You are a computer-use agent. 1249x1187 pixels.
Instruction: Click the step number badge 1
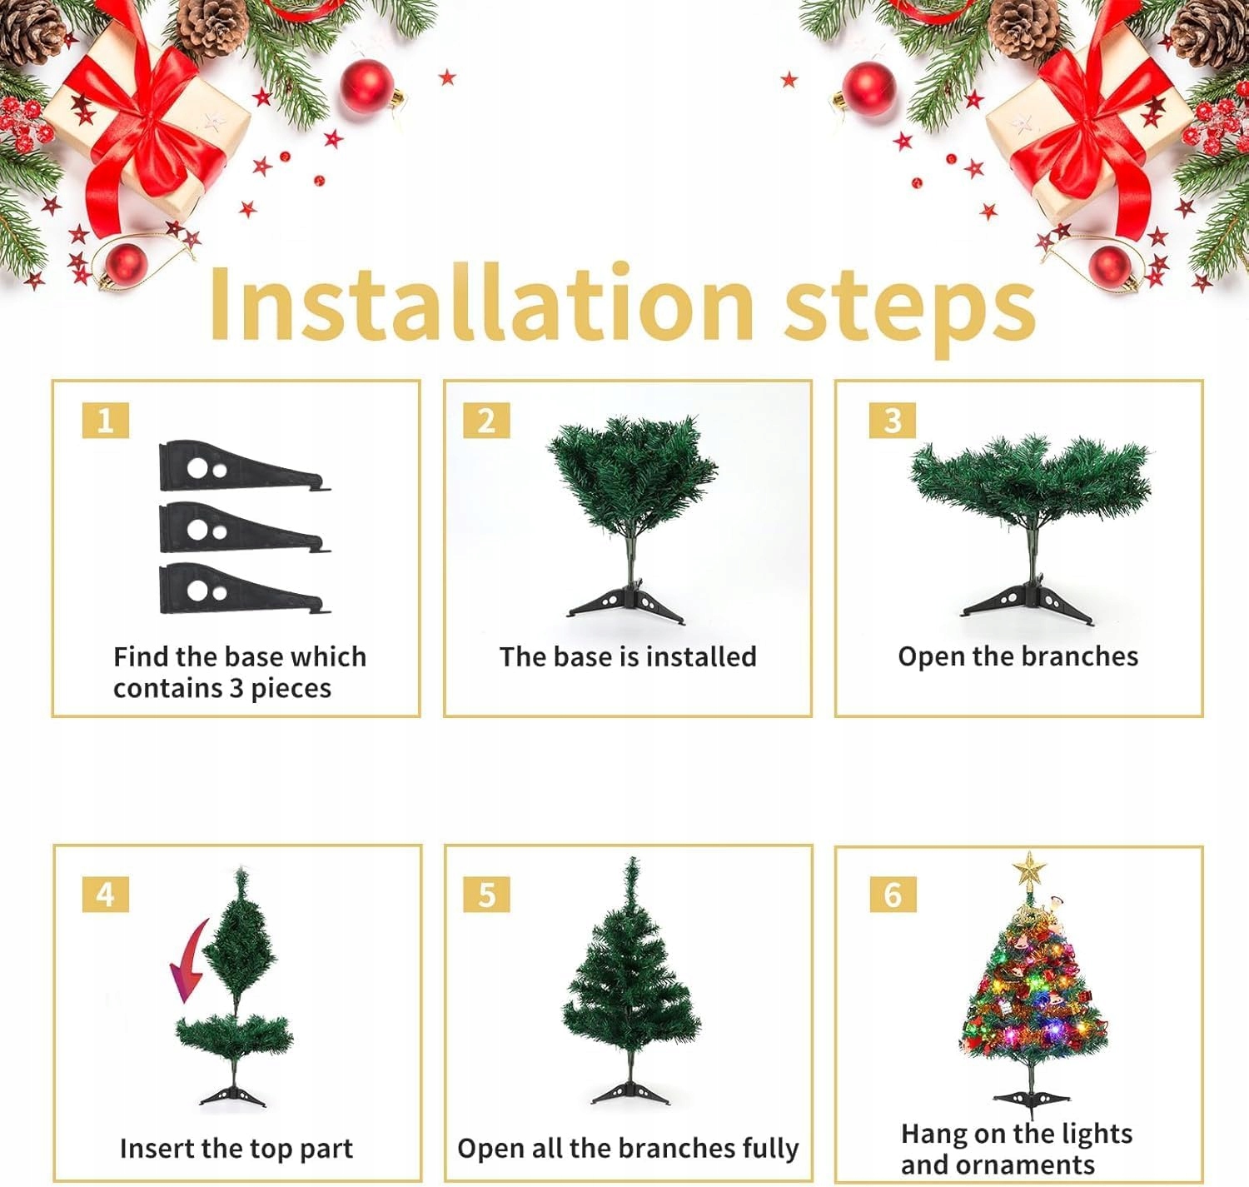click(106, 421)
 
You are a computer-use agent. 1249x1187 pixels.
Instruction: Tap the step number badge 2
click(486, 421)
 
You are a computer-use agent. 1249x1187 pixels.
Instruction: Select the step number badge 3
click(893, 421)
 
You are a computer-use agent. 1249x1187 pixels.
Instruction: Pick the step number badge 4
click(106, 895)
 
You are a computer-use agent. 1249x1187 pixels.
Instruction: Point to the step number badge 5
click(486, 895)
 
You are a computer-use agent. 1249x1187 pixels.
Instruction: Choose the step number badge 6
click(893, 895)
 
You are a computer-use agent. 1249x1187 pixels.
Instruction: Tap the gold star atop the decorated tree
click(1028, 870)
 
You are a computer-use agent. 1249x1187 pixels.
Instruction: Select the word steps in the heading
click(910, 312)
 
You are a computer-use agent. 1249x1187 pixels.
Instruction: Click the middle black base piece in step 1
click(245, 529)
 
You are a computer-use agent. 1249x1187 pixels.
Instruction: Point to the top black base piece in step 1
click(245, 466)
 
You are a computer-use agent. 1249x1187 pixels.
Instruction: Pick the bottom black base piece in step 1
click(245, 589)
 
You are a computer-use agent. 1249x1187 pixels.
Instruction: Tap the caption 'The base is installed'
click(628, 656)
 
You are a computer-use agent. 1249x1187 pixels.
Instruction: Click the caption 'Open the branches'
click(1018, 657)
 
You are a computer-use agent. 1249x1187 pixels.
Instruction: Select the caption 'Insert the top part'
click(236, 1149)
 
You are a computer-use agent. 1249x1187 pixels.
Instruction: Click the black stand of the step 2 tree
click(626, 604)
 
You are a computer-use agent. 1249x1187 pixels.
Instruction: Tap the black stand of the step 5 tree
click(630, 1092)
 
